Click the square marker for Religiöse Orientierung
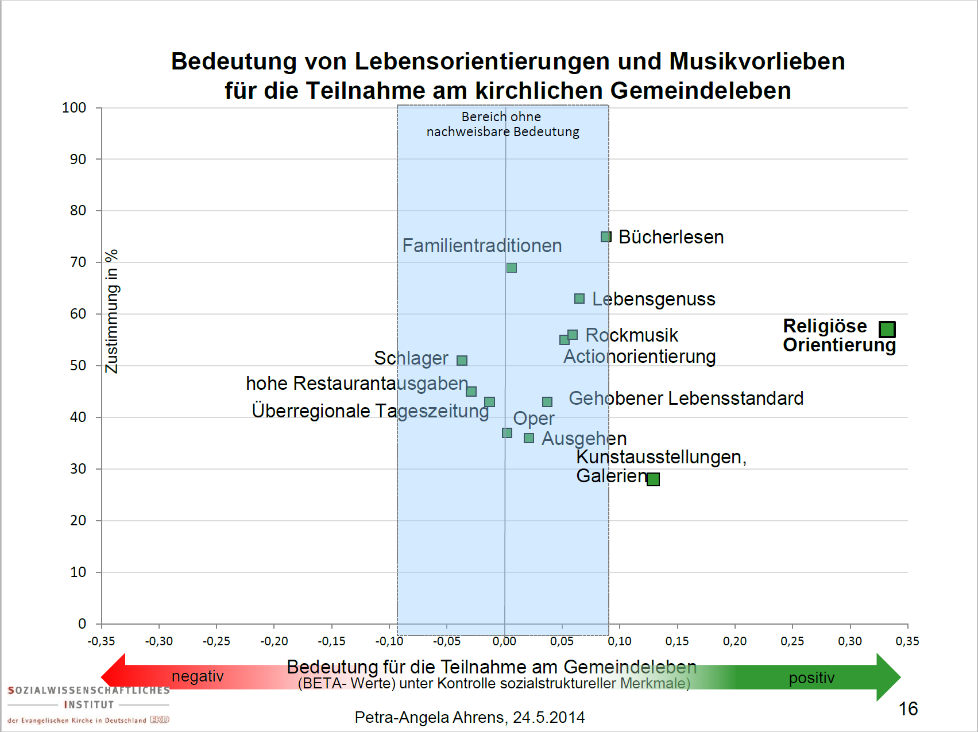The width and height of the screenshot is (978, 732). pyautogui.click(x=887, y=329)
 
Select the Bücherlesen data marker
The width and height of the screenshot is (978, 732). pyautogui.click(x=606, y=237)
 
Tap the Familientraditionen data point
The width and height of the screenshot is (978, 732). pyautogui.click(x=512, y=268)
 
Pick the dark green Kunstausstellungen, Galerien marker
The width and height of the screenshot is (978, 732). pyautogui.click(x=653, y=479)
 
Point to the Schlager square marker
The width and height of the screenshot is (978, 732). pyautogui.click(x=462, y=361)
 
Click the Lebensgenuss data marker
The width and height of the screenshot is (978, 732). pyautogui.click(x=579, y=299)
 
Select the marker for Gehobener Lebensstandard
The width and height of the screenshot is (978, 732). pyautogui.click(x=547, y=402)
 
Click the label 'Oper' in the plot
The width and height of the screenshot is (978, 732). pyautogui.click(x=534, y=419)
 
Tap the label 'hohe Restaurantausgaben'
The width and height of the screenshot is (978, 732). pyautogui.click(x=357, y=383)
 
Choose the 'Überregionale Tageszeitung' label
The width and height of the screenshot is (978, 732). pyautogui.click(x=370, y=410)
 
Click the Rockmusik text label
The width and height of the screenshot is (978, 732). pyautogui.click(x=632, y=335)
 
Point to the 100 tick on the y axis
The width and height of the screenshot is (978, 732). pyautogui.click(x=74, y=108)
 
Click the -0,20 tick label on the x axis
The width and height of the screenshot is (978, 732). pyautogui.click(x=274, y=641)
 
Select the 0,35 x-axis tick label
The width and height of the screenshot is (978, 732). pyautogui.click(x=907, y=641)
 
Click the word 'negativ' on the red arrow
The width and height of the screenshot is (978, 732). pyautogui.click(x=198, y=676)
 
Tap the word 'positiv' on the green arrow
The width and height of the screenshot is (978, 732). pyautogui.click(x=811, y=678)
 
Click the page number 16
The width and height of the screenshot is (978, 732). pyautogui.click(x=908, y=709)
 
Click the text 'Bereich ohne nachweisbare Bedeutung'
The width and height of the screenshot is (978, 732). pyautogui.click(x=502, y=124)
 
